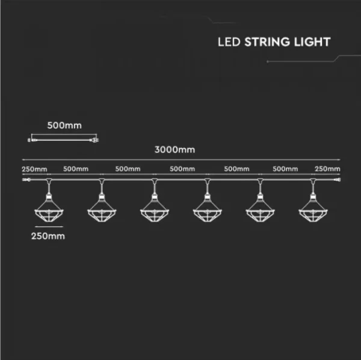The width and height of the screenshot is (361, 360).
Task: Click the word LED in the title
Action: [x=229, y=42]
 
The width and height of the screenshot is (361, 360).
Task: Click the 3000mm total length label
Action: [x=174, y=150]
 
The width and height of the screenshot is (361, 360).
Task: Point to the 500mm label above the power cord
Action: [x=64, y=126]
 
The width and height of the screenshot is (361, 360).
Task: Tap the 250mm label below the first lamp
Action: [x=48, y=236]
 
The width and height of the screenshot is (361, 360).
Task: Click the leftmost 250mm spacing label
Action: [x=34, y=169]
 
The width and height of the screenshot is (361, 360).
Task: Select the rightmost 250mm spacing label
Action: [x=327, y=169]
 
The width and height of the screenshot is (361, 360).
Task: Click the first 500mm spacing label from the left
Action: [x=76, y=169]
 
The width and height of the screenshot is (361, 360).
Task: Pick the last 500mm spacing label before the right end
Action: [x=285, y=169]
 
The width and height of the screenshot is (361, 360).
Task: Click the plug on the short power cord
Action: [x=94, y=140]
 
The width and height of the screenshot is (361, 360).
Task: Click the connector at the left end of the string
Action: [x=26, y=179]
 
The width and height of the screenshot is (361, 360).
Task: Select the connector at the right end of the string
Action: [x=337, y=179]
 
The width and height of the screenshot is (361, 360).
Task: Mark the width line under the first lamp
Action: [x=49, y=226]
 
